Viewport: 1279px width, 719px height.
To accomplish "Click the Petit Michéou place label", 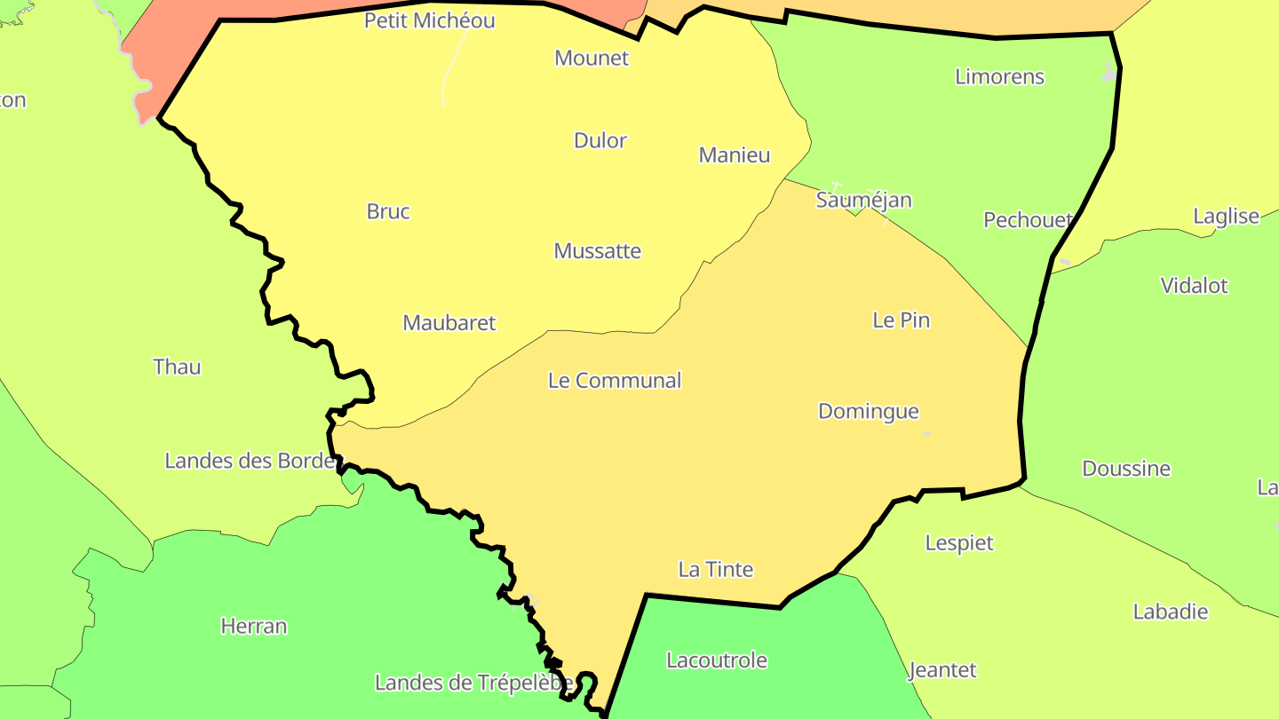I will [429, 20].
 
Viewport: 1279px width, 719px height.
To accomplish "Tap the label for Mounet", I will [592, 59].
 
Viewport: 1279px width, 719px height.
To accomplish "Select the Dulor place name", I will [600, 140].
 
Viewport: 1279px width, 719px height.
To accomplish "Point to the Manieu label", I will [735, 155].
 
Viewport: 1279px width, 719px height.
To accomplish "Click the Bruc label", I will [388, 211].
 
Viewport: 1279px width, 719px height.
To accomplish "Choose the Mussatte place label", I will [597, 251].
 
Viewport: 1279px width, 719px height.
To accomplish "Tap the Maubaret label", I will [449, 323].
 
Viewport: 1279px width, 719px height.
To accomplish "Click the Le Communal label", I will [615, 381].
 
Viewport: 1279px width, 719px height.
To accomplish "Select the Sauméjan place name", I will [863, 200].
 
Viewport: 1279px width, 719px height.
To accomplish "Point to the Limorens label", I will [999, 77].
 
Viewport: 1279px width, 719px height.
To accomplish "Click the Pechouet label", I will [1028, 220].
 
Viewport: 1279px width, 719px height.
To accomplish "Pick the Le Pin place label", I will [901, 320].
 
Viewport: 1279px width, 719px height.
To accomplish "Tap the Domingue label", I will [868, 412].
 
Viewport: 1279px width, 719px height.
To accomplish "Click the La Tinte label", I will [716, 570].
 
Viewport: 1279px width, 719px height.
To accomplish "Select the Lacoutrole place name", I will [716, 660].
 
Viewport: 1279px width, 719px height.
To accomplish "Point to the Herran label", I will [254, 627].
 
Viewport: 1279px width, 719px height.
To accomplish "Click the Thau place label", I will [177, 367].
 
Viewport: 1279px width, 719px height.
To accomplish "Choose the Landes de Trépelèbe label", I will [473, 683].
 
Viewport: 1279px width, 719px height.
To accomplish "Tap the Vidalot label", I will [1194, 286].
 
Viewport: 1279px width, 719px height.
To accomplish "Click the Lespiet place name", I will [959, 543].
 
